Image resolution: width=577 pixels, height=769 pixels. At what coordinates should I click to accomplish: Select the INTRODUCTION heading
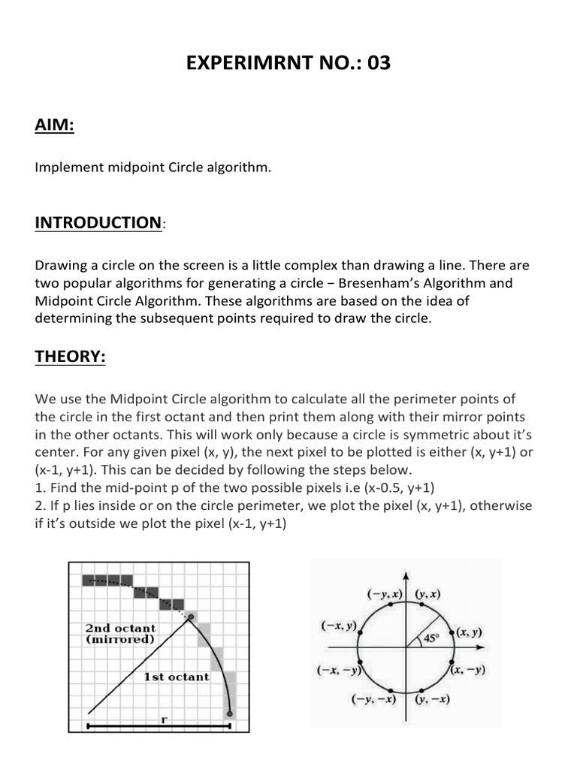(x=98, y=222)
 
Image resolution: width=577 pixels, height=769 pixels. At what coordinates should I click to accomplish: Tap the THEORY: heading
(x=71, y=357)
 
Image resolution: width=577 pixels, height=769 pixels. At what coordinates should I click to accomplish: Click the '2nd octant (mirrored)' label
(x=120, y=634)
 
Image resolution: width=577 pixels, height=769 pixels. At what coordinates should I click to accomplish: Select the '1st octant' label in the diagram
(x=177, y=677)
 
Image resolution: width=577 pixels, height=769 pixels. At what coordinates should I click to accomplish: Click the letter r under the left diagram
(x=164, y=719)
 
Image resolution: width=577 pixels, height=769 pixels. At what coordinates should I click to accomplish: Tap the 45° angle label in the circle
(x=431, y=639)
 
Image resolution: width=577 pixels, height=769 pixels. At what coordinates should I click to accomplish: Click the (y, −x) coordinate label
(x=432, y=699)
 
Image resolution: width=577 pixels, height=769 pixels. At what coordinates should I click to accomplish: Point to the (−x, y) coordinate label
(x=339, y=624)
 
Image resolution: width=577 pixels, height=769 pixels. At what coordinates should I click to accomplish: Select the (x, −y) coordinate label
(x=468, y=670)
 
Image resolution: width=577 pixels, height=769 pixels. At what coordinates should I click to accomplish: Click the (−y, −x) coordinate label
(x=374, y=699)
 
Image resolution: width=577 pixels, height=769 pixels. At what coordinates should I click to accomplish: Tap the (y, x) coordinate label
(x=427, y=593)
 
